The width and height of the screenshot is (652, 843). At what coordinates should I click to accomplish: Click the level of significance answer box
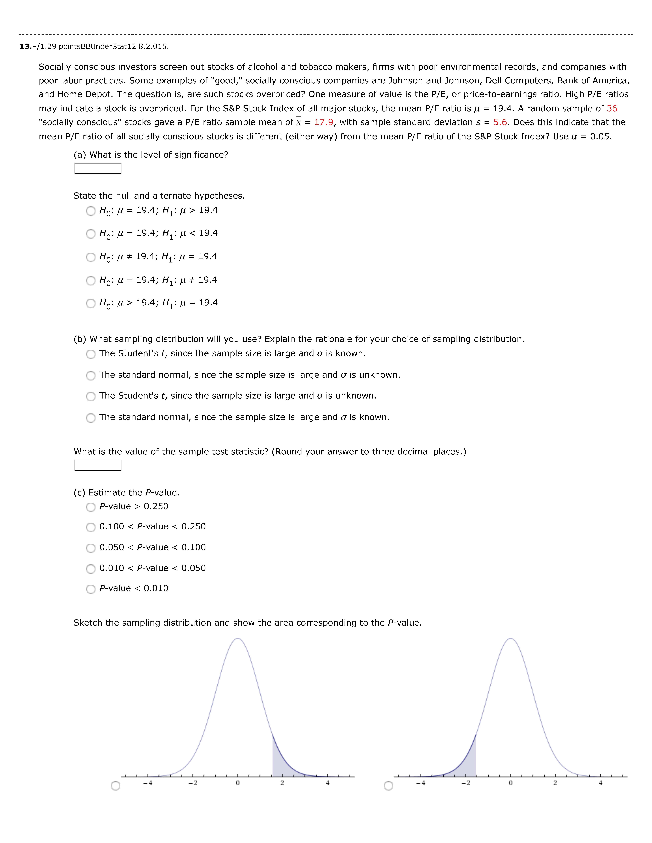point(98,168)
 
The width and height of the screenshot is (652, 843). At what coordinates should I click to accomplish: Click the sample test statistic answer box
point(98,465)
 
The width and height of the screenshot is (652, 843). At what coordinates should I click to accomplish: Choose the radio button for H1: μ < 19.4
point(91,234)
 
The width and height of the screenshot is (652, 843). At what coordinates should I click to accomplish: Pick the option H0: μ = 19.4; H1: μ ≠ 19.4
point(91,281)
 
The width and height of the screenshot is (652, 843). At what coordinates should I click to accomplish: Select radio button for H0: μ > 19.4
point(91,303)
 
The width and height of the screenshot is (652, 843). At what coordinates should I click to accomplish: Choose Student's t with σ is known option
point(91,354)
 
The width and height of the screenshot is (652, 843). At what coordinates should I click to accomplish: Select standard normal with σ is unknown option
point(91,376)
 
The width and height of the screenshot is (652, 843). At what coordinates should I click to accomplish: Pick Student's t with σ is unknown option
point(91,396)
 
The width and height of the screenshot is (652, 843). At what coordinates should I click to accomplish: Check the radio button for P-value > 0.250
point(91,507)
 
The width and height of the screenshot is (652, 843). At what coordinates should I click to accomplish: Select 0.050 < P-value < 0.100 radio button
point(91,548)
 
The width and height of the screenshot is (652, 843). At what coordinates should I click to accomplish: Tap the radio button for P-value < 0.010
point(91,589)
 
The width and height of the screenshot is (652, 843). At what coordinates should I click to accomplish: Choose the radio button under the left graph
point(115,786)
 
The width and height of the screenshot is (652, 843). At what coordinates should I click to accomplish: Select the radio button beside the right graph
point(389,786)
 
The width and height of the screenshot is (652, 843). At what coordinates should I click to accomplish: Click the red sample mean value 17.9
point(324,122)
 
